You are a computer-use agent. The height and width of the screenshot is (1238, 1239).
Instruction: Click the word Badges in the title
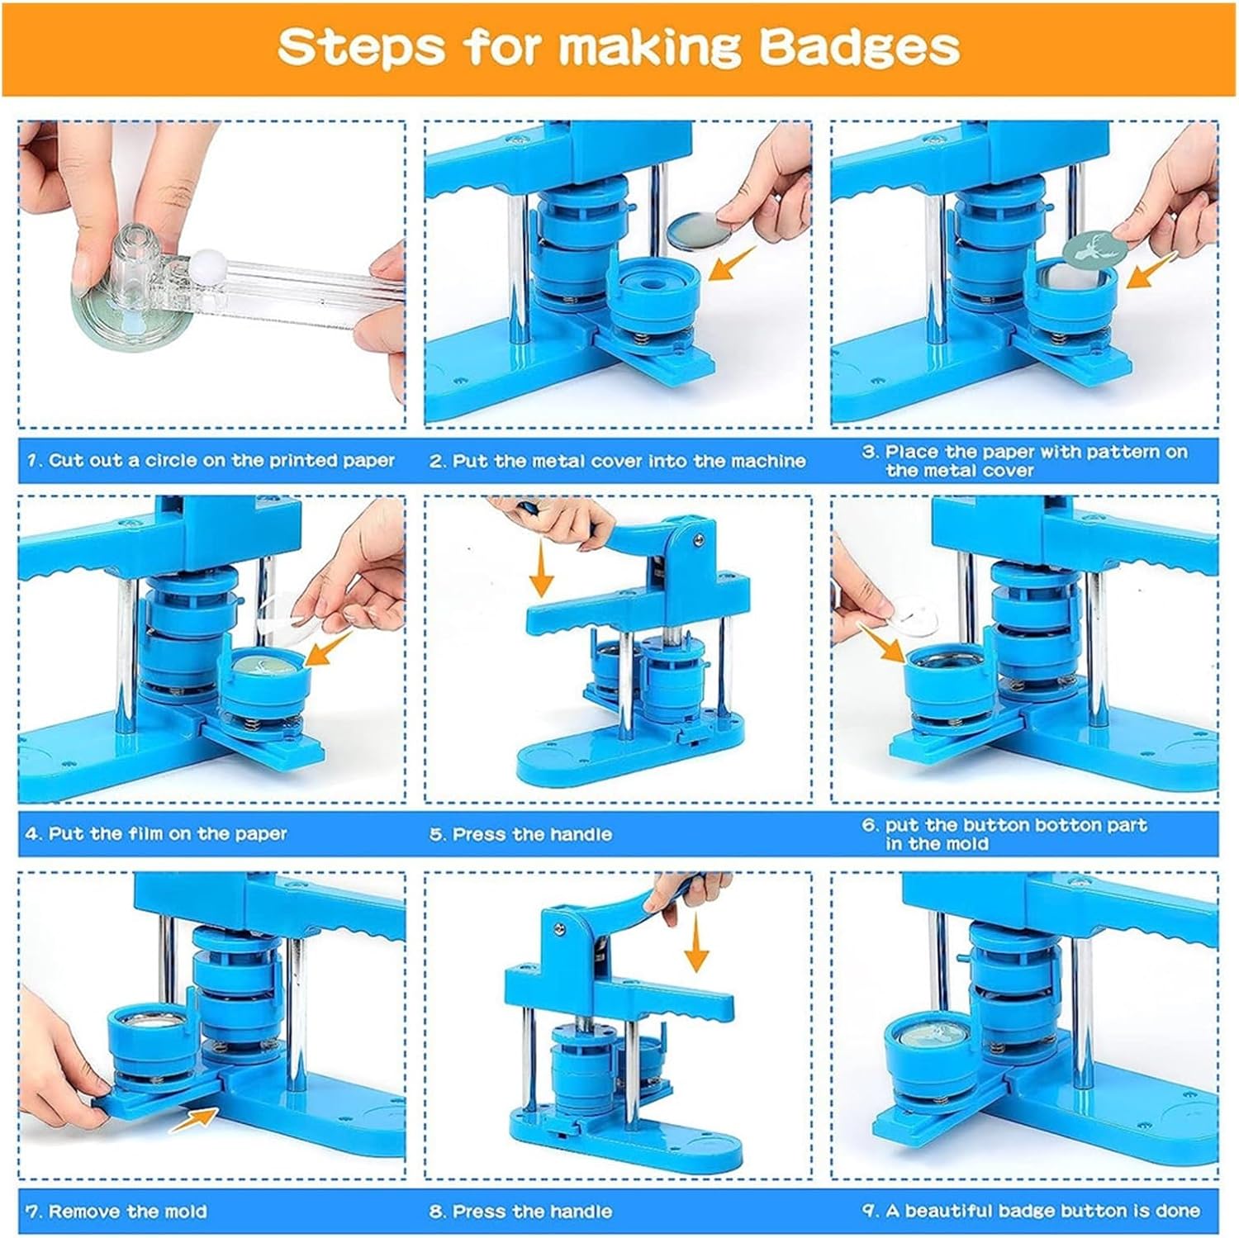click(859, 47)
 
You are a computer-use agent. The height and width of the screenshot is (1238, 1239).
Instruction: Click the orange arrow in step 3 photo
click(1151, 271)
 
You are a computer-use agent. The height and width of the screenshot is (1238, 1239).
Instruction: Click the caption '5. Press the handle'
click(520, 834)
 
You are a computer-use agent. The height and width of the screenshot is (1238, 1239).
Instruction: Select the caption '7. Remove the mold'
click(116, 1212)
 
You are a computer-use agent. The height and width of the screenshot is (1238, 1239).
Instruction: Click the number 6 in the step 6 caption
click(868, 825)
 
